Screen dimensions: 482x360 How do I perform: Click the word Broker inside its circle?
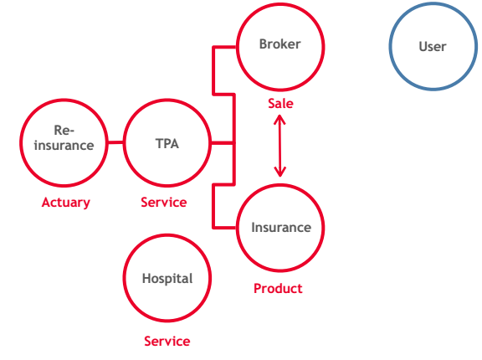coord(279,44)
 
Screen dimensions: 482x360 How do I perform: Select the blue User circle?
coord(389,46)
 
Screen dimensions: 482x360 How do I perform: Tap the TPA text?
coord(167,143)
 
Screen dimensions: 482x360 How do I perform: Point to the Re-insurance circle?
coord(20,142)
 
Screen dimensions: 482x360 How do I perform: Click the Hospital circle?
coord(124,278)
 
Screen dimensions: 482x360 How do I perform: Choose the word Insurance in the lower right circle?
coord(281,228)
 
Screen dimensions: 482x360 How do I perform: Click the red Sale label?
coord(280,103)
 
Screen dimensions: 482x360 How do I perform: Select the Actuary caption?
coord(66,203)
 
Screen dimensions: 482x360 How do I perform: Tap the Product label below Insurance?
coord(278,288)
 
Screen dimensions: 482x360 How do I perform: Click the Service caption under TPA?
coord(163,203)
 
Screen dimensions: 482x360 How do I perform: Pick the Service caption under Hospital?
coord(167,342)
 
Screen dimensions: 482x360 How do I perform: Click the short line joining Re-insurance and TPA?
coord(115,142)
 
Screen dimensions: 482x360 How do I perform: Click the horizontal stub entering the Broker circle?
coord(224,47)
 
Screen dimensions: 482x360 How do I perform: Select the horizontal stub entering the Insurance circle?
coord(224,228)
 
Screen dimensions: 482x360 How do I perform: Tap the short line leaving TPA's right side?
coord(222,143)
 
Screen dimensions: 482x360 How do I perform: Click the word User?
coord(432,47)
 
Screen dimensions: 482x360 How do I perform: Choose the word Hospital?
coord(167,279)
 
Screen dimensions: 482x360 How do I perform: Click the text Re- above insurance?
coord(64,131)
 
